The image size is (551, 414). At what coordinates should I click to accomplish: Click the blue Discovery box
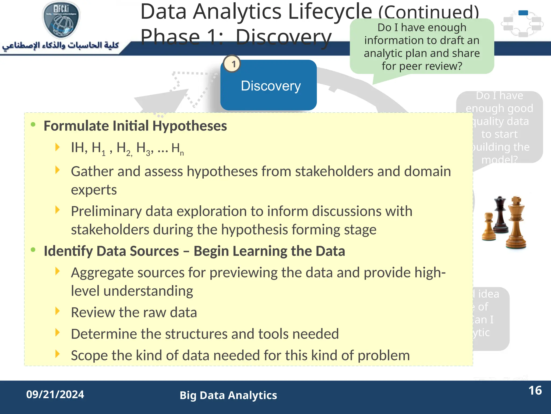[x=269, y=86]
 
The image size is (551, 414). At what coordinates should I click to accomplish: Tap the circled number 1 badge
[x=232, y=64]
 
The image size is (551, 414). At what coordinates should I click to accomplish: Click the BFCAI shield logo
[x=61, y=19]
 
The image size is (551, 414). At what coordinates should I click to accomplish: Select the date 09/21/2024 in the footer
[x=55, y=394]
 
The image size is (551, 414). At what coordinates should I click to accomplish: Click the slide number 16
[x=535, y=391]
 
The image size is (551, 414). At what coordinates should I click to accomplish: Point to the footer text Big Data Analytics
[x=228, y=395]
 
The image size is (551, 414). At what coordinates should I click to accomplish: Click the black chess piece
[x=500, y=216]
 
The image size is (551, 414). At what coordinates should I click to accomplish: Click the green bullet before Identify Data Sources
[x=33, y=250]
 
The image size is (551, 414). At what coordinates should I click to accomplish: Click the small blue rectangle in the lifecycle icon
[x=523, y=13]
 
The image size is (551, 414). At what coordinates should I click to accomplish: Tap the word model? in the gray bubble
[x=499, y=160]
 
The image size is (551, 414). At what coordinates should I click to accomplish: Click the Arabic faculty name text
[x=61, y=45]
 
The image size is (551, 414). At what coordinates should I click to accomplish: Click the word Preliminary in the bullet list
[x=106, y=211]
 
